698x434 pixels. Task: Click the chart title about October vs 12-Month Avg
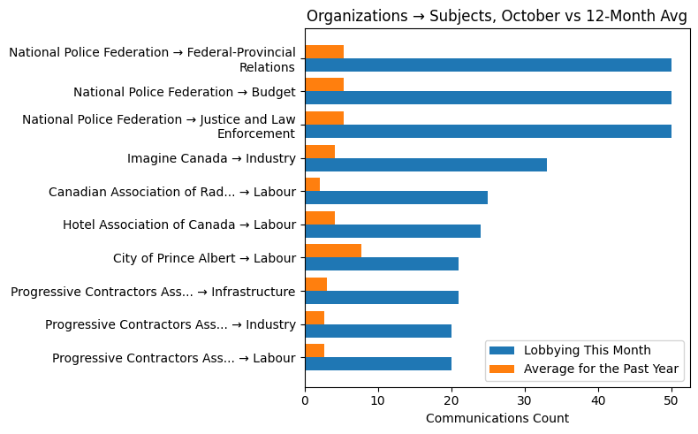497,15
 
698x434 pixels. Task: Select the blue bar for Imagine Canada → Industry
425,164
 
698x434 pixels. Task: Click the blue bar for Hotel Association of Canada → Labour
392,231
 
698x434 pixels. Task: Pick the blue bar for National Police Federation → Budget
488,98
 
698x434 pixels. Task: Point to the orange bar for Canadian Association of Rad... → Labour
312,185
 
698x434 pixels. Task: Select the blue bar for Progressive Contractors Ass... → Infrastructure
382,297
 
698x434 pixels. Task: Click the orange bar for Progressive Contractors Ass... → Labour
315,351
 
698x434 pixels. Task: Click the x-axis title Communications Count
497,418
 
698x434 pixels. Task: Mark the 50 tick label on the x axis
671,400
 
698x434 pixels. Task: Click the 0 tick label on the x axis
305,400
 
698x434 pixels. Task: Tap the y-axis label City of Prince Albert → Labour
204,258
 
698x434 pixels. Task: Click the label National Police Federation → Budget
184,92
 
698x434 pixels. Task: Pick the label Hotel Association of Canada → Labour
178,225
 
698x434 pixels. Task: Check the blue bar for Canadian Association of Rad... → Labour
396,198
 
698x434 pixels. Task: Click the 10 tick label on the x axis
378,400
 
